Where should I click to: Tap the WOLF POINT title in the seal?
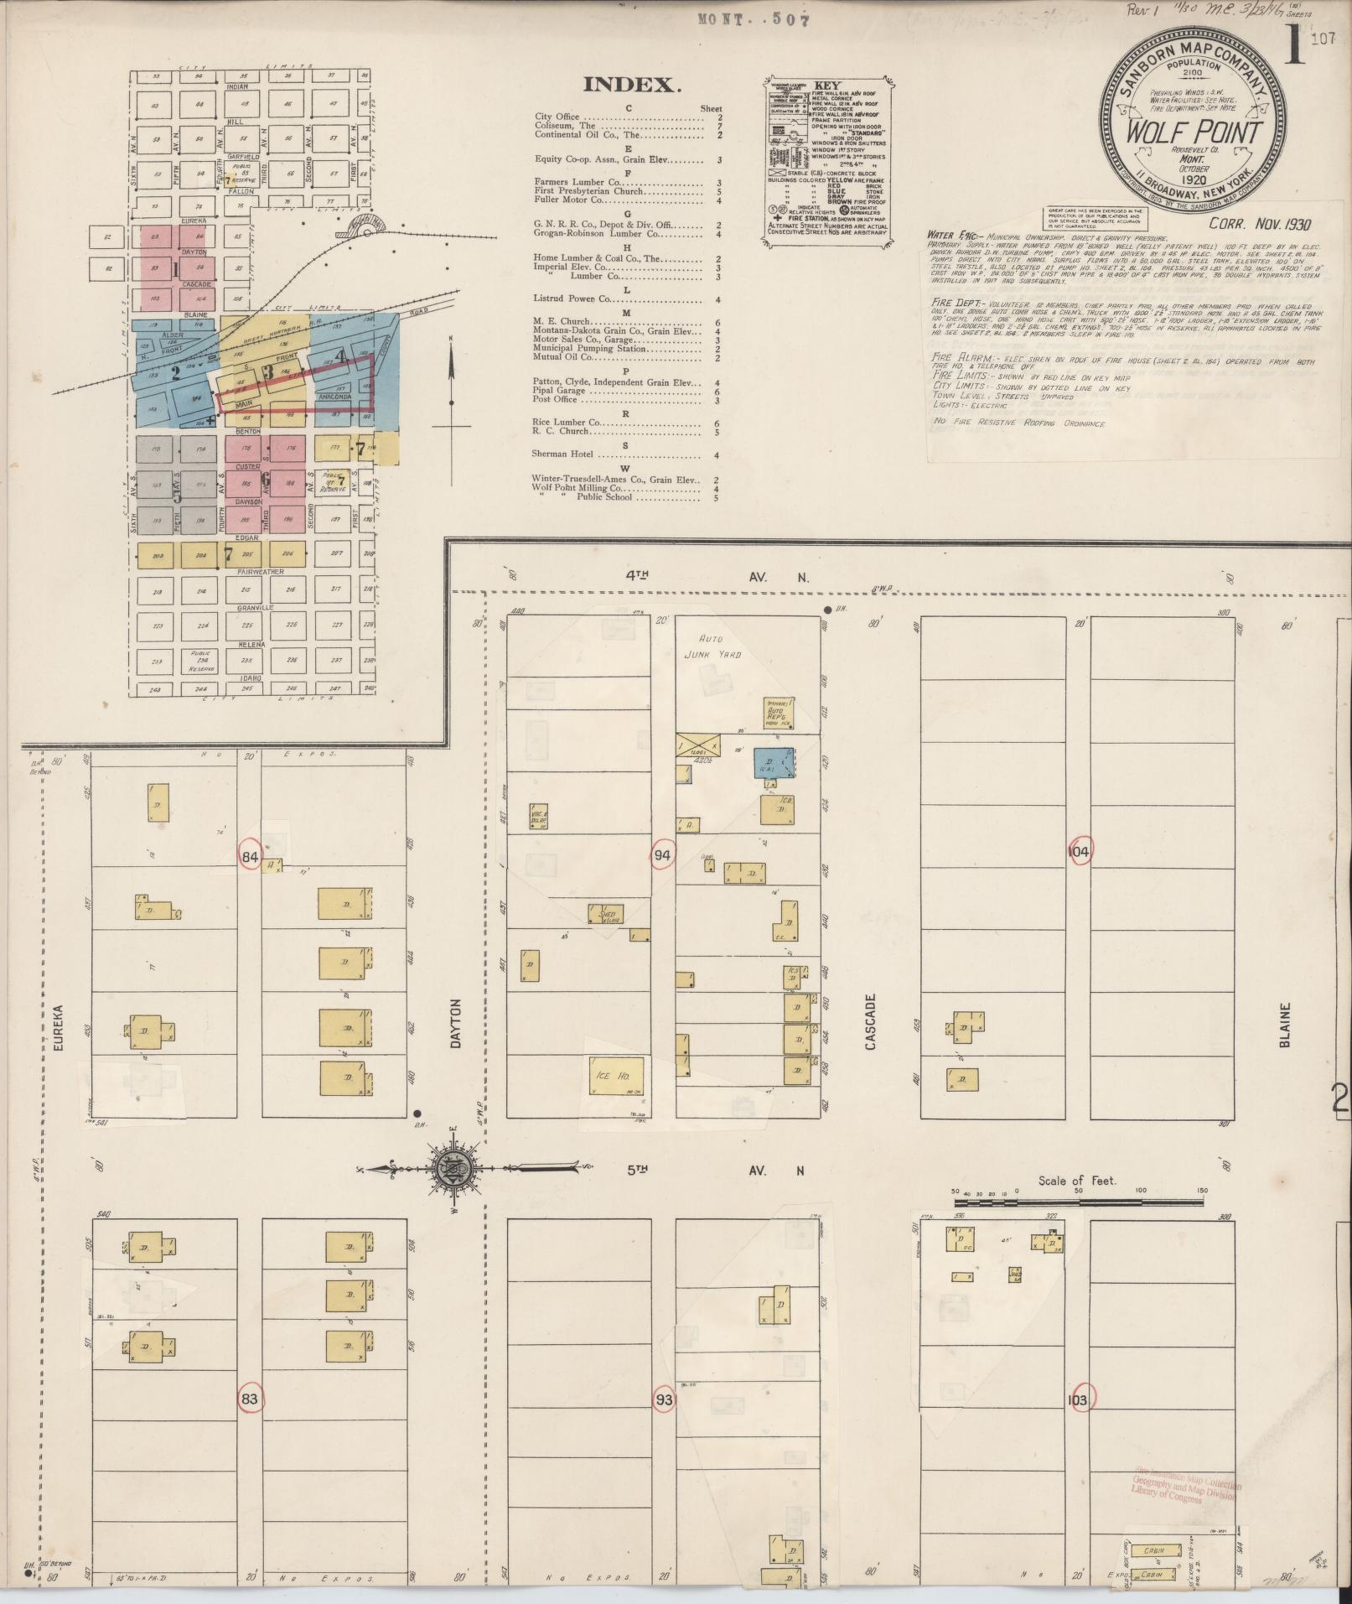(1194, 133)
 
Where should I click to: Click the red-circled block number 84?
(249, 856)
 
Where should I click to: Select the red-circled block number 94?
(663, 855)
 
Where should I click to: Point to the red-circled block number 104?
(1079, 852)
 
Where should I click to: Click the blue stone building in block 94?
(774, 763)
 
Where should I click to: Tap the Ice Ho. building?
(618, 1076)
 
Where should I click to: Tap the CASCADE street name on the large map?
(870, 1022)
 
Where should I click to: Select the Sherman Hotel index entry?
(563, 454)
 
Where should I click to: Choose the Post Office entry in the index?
(556, 399)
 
